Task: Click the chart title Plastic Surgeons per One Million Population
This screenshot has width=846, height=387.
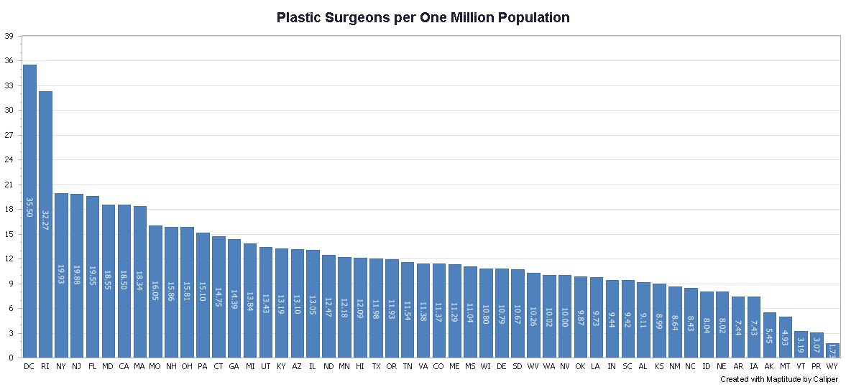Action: tap(423, 18)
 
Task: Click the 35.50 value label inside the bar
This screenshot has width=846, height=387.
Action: tap(29, 208)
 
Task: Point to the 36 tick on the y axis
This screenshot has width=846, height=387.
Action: tap(9, 61)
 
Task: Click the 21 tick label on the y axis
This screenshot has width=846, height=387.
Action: tap(9, 185)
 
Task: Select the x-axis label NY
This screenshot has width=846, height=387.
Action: tap(61, 366)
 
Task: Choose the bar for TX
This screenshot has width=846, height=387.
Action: tap(376, 308)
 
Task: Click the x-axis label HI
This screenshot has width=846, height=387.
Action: tap(360, 366)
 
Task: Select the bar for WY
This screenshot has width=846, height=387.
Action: tap(832, 350)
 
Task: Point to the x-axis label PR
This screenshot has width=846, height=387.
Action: tap(817, 366)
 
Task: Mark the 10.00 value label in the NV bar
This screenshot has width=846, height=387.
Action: tap(564, 320)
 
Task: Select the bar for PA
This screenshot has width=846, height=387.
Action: tap(203, 295)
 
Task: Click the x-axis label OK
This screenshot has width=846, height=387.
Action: tap(580, 366)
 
